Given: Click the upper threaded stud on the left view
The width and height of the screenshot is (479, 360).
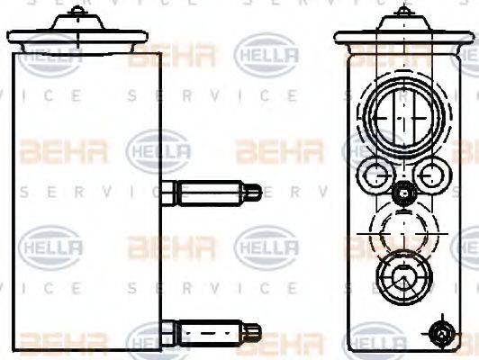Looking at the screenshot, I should click(212, 192).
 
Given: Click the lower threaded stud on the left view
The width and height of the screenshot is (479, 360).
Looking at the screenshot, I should click(212, 331).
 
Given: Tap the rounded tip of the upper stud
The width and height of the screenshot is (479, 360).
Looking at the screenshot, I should click(257, 192).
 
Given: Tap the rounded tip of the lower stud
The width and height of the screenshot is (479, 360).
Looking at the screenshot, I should click(257, 331).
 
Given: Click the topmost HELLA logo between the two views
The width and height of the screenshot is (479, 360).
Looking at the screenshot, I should click(261, 55).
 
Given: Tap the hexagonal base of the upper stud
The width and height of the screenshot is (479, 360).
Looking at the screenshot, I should click(172, 192).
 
